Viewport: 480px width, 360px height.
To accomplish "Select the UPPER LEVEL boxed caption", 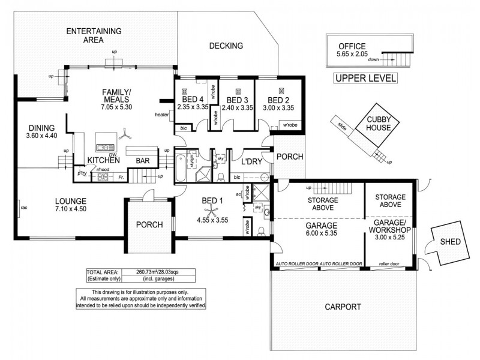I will [365, 78].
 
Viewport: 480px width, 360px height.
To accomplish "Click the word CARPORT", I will [343, 307].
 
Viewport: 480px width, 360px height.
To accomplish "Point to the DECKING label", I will [226, 46].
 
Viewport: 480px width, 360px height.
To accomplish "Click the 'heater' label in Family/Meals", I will [161, 115].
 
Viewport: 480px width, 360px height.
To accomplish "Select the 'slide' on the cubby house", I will [342, 126].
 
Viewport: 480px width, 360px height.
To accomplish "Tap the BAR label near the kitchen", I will [142, 161].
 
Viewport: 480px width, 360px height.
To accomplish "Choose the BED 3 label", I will [236, 100].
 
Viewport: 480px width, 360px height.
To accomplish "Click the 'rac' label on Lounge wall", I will [23, 208].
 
